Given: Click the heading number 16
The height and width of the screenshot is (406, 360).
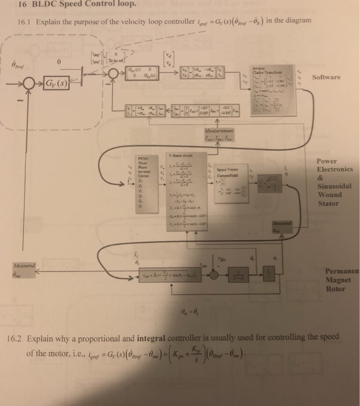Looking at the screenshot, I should [24, 6].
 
